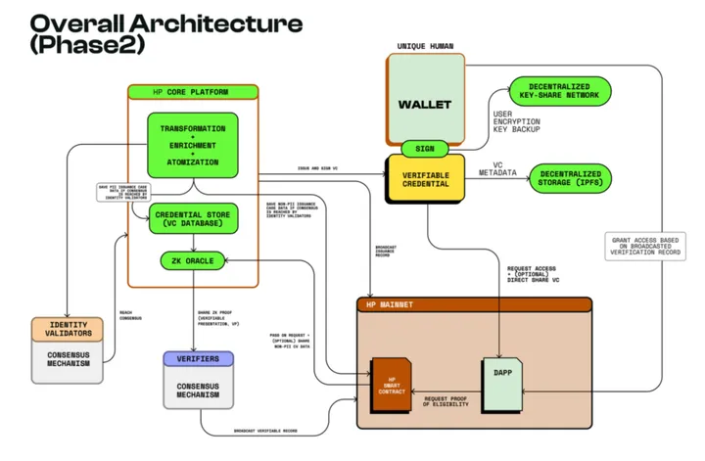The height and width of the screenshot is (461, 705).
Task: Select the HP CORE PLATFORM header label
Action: [192, 92]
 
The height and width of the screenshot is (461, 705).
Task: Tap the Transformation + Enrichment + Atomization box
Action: [192, 144]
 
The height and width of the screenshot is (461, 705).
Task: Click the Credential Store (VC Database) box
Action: [193, 218]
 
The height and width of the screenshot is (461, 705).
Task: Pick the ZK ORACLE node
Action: [193, 260]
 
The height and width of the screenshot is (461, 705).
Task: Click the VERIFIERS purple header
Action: [198, 359]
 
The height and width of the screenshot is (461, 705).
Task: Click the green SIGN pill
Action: [424, 149]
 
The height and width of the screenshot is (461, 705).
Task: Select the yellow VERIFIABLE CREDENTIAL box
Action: [424, 179]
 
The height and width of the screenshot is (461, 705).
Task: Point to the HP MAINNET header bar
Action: [475, 304]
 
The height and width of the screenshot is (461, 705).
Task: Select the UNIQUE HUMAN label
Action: [423, 46]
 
